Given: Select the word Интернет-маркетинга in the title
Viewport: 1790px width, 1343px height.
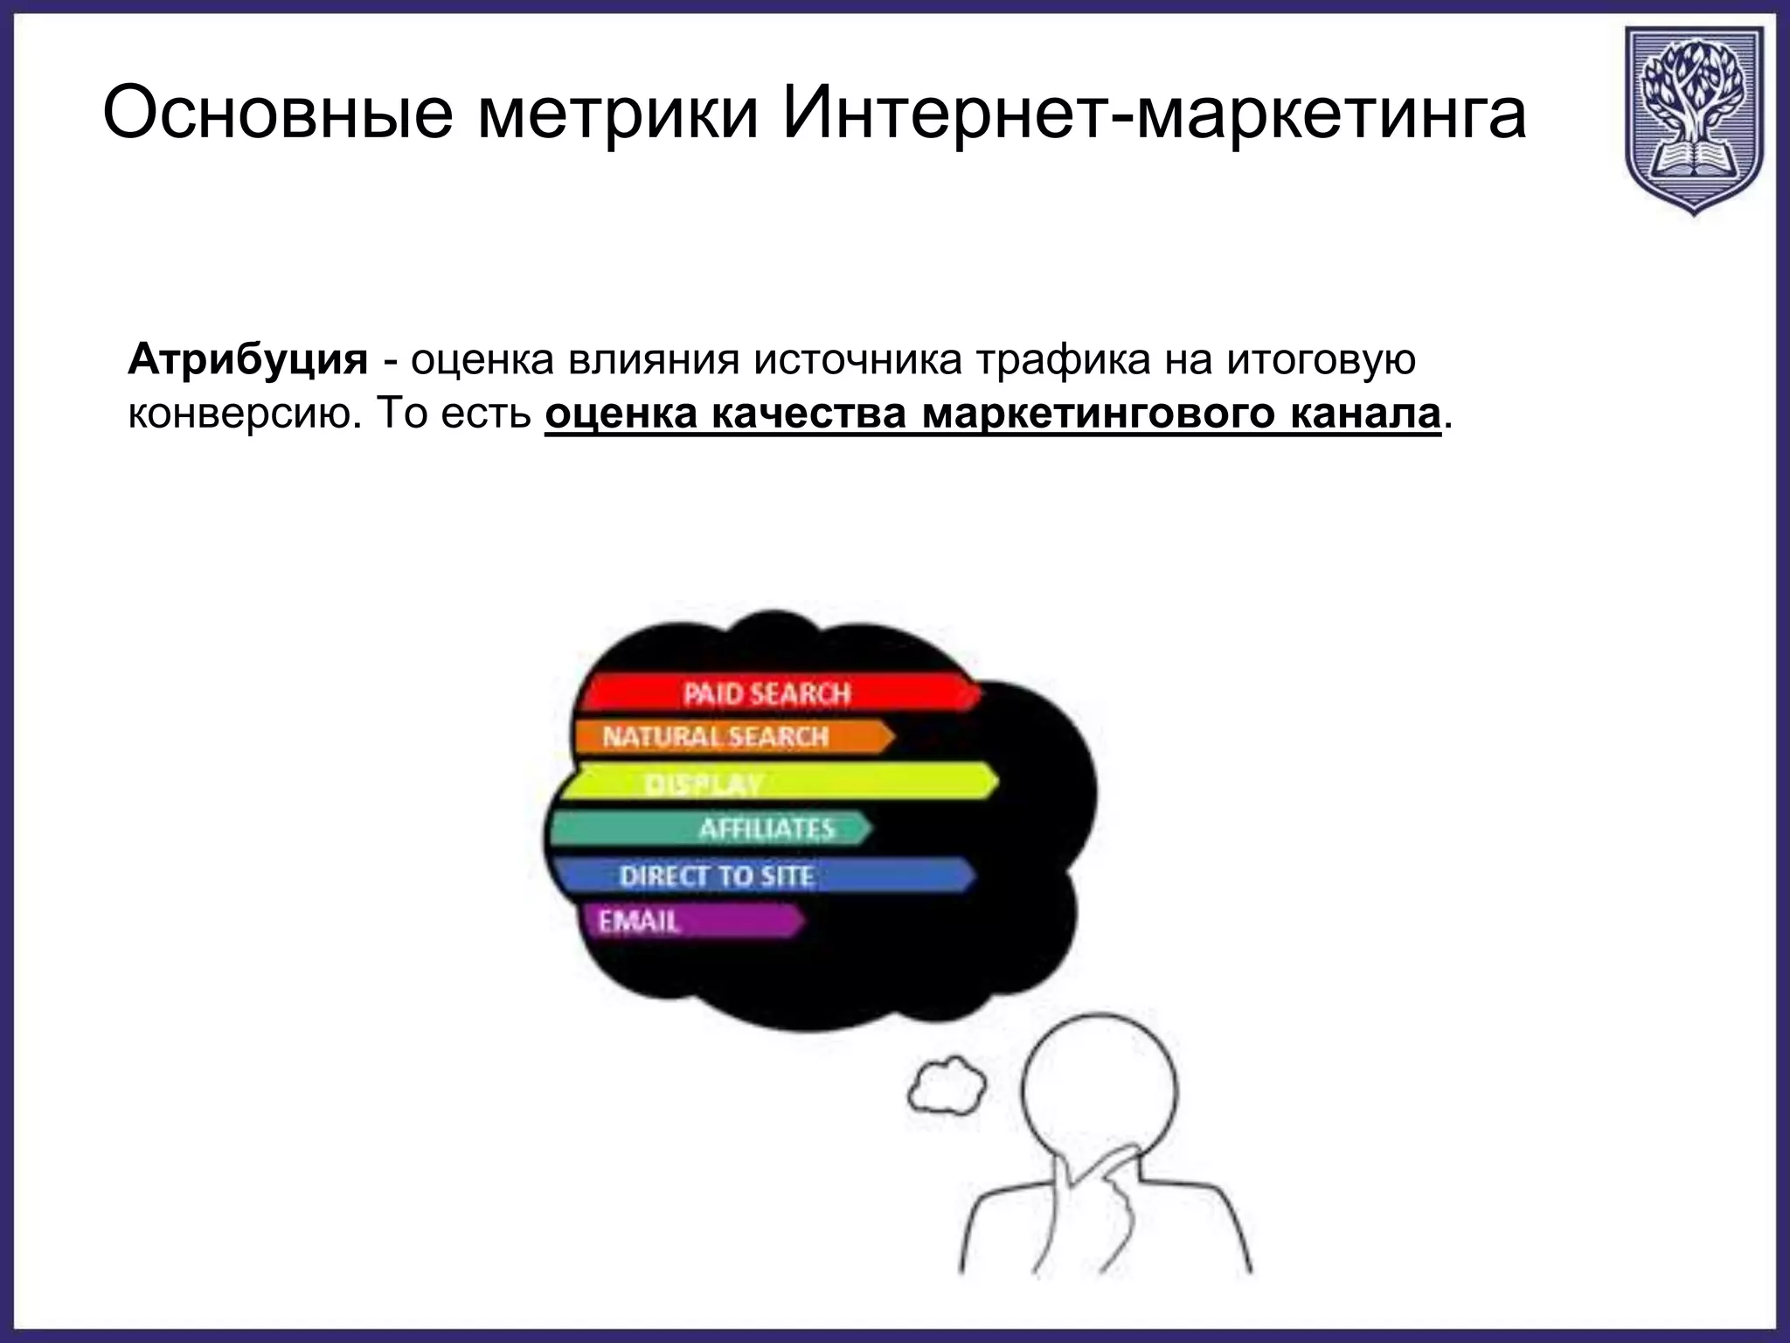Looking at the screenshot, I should tap(1154, 114).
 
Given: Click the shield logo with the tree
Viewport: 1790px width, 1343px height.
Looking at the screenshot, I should tap(1694, 119).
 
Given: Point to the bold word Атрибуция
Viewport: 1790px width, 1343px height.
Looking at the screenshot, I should tap(248, 359).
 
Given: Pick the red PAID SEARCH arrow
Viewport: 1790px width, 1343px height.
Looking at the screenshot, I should tap(778, 693).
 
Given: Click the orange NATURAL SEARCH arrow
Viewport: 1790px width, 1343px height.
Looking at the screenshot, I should tap(730, 736).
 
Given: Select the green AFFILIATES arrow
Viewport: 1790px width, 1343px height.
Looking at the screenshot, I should tap(708, 828).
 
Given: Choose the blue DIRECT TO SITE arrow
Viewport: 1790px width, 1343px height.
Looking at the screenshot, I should tap(760, 875).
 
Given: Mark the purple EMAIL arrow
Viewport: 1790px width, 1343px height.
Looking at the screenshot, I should tap(690, 921).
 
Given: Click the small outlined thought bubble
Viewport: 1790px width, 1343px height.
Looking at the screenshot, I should tap(947, 1086).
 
